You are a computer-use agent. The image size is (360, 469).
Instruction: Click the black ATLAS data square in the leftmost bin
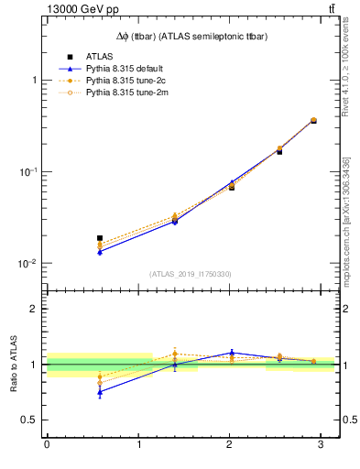100,238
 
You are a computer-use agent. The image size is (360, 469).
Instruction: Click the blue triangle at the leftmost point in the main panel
100,251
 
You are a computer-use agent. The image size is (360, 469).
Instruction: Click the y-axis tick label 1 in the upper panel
34,81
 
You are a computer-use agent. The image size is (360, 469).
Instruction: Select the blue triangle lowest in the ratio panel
100,391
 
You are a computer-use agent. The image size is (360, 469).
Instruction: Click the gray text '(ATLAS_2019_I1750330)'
190,274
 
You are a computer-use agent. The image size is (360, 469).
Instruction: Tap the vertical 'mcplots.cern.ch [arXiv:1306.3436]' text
346,222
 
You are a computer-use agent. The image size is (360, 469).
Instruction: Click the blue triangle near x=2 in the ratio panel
232,353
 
